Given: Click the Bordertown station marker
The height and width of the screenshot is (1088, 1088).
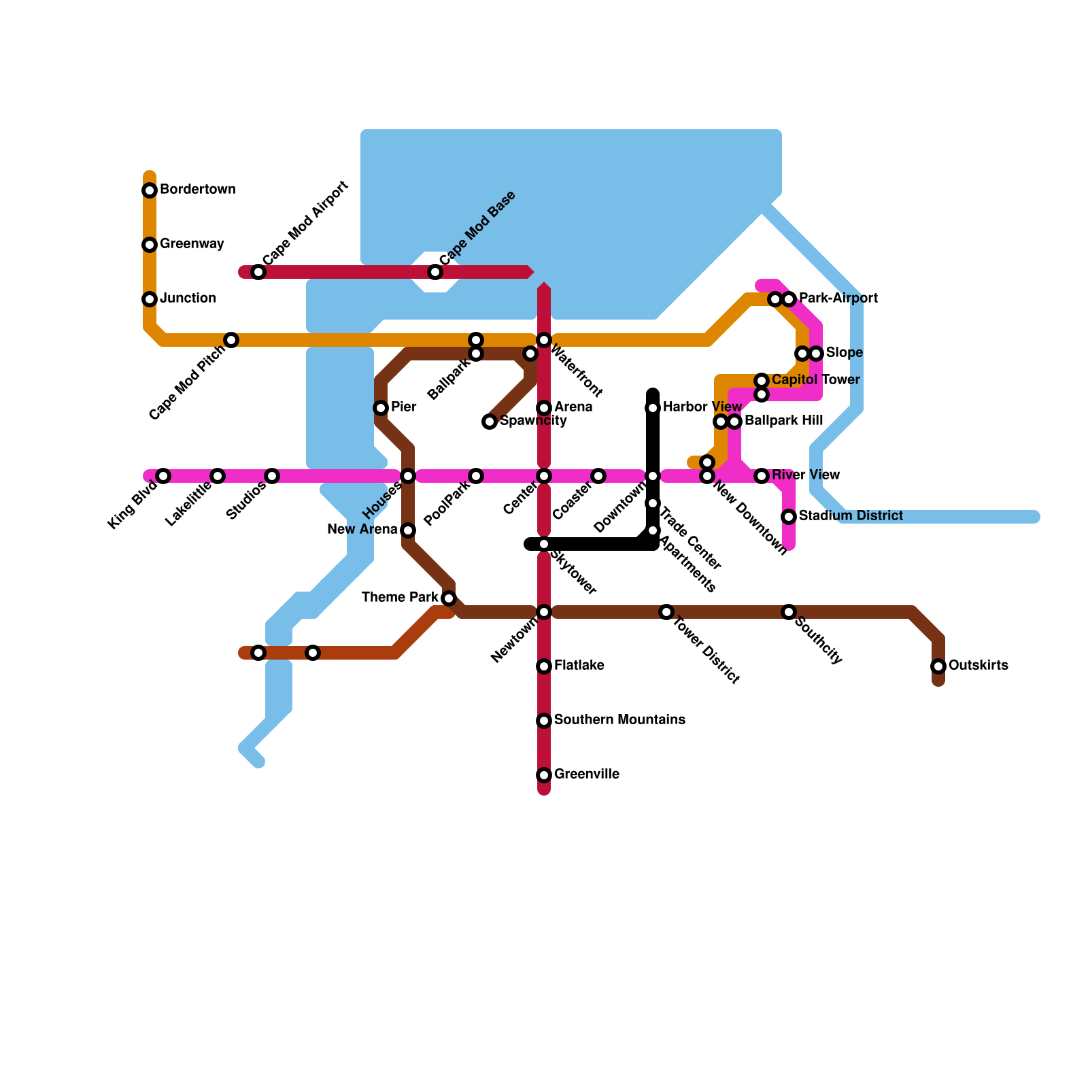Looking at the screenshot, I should point(150,190).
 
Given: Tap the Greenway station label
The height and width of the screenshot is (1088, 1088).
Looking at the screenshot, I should point(192,244).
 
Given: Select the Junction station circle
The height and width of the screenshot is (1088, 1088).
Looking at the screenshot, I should point(150,299).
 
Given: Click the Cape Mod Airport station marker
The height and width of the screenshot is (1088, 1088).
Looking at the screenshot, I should point(258,272).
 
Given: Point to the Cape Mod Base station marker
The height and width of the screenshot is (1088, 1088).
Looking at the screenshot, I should point(435,272).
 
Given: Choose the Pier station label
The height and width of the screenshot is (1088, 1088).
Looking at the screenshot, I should point(403,407).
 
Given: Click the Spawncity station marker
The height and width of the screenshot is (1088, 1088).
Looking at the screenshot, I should point(490,422).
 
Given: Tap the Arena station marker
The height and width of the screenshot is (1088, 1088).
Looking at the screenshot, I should point(544,408).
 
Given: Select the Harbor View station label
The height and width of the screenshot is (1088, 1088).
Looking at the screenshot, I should point(702,407).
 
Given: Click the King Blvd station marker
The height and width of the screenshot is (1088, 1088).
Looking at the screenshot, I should point(163,476).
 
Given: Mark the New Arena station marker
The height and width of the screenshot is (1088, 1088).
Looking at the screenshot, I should point(408,530).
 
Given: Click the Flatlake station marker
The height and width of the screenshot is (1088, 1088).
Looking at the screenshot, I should point(544,666).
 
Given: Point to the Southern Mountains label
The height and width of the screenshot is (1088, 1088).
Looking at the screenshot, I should point(619,720).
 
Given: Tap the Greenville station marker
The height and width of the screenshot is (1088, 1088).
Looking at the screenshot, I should point(544,775).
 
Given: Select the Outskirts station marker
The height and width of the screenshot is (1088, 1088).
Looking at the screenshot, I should point(938,666).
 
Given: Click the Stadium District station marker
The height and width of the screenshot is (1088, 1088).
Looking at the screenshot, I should point(789,517).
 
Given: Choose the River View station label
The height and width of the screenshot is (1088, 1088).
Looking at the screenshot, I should point(806,475).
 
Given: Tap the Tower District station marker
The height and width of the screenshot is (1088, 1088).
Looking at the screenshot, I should point(666,612).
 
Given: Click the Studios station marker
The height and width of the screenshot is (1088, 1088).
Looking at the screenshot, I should point(272,476).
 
